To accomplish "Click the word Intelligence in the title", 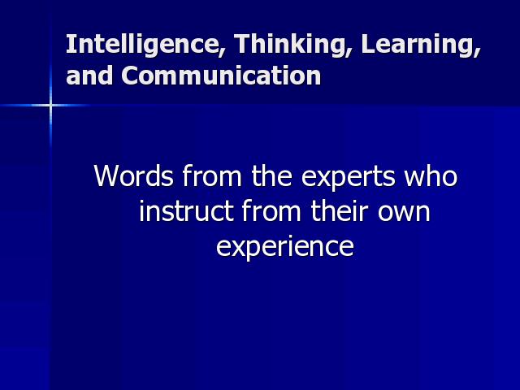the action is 142,45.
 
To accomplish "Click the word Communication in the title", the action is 221,75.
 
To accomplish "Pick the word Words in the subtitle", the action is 133,175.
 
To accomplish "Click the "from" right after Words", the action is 212,175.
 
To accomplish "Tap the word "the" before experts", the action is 271,175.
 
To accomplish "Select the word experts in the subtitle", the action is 349,177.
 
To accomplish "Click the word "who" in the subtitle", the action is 431,175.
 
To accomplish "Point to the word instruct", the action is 186,211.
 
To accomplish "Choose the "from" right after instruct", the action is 271,210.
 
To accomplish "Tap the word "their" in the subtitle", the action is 340,210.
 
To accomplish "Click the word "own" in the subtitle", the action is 404,214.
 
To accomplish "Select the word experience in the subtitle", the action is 285,247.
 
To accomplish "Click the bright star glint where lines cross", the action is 50,106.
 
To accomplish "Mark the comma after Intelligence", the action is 221,53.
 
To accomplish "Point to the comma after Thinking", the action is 349,53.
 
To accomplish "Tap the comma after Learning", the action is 478,53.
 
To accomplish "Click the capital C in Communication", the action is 130,75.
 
